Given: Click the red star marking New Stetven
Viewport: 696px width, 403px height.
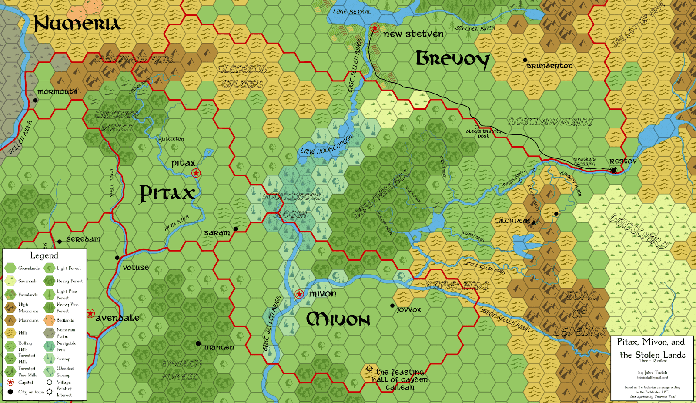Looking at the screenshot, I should tap(375, 28).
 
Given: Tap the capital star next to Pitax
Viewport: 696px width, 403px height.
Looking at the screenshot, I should tap(196, 173).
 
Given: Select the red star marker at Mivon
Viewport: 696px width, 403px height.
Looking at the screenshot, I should tap(299, 294).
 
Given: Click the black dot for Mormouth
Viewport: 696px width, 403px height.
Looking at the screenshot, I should tap(36, 101).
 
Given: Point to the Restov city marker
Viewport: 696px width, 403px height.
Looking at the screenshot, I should tap(613, 170).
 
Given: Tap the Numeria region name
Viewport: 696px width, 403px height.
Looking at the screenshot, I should tap(77, 24).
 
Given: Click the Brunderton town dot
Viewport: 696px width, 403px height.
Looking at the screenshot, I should tap(525, 60).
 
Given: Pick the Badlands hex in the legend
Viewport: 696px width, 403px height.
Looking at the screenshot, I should tap(49, 320).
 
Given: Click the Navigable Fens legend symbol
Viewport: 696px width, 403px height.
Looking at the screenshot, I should tap(49, 346).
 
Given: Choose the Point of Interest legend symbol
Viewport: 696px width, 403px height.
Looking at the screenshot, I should tap(50, 392).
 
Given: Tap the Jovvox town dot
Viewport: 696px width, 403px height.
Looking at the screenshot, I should tap(392, 306).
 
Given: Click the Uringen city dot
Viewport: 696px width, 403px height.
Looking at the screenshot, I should tap(198, 344).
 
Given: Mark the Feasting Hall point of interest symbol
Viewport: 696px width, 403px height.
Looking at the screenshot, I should tap(369, 369).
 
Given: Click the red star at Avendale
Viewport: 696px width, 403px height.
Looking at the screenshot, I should tap(90, 313).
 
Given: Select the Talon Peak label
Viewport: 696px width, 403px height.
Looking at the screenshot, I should tap(512, 221).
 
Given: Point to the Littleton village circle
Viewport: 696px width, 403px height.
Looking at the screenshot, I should tap(160, 141).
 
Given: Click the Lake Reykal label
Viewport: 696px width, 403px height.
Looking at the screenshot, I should tap(351, 12).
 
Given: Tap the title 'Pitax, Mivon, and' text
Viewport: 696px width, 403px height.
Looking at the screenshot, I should tap(651, 342).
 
